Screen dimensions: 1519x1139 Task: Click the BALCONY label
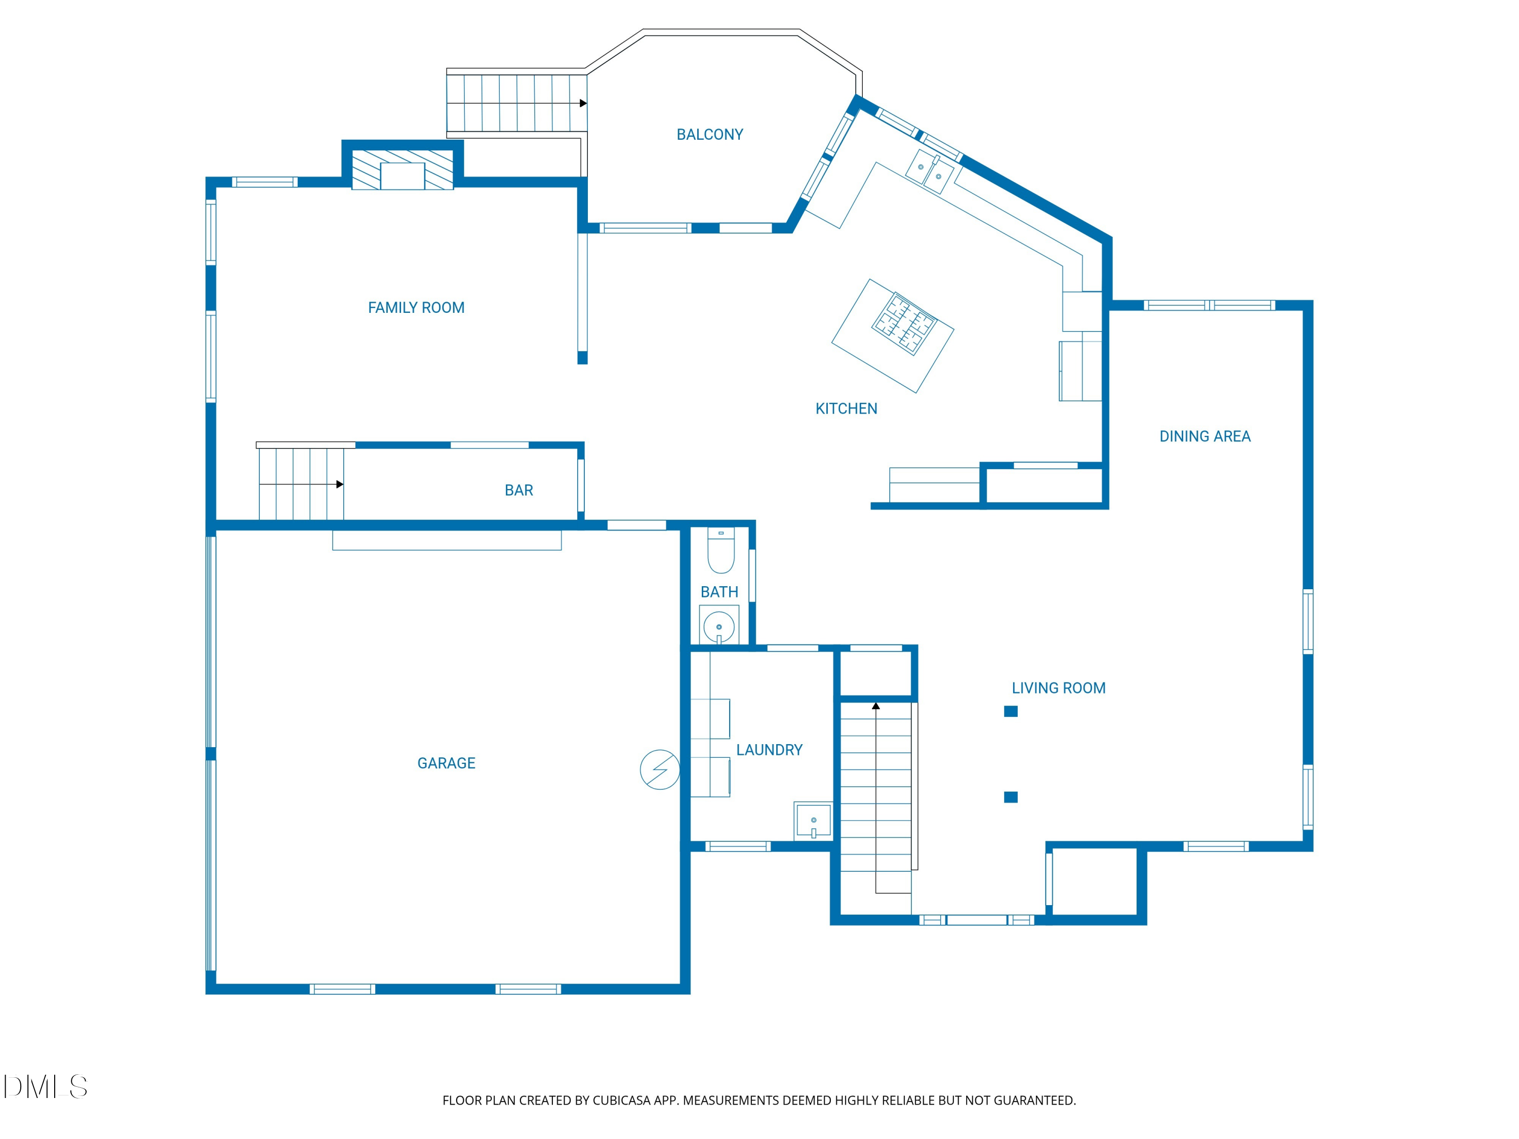click(x=709, y=135)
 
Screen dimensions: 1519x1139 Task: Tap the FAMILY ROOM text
click(x=416, y=308)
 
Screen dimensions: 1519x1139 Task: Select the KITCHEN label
click(x=846, y=409)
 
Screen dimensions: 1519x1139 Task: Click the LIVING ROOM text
click(x=1058, y=688)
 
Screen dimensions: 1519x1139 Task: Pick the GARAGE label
click(x=447, y=763)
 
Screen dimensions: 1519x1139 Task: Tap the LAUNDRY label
click(x=769, y=750)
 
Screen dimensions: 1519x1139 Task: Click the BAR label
click(x=518, y=490)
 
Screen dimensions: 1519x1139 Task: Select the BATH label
click(x=719, y=592)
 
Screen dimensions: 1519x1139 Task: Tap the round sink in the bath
click(x=719, y=626)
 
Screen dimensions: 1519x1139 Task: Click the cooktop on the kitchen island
click(x=904, y=323)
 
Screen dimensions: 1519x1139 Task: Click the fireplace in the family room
click(x=403, y=170)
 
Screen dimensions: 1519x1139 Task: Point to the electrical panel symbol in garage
click(x=660, y=769)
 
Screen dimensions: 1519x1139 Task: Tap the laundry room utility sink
click(x=813, y=821)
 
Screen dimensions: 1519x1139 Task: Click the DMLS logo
click(x=46, y=1087)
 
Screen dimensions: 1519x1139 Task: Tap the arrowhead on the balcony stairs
click(x=583, y=104)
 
